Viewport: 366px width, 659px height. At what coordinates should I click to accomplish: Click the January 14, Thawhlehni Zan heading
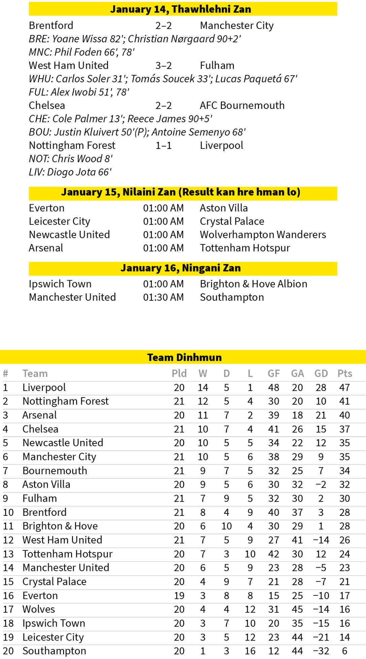coord(180,9)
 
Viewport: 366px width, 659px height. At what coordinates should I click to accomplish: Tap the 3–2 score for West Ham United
coord(163,66)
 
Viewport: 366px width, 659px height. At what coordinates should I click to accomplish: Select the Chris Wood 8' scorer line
coord(71,159)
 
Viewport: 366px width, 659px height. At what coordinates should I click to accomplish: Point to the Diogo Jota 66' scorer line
coord(70,172)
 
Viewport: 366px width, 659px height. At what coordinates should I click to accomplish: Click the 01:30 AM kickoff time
coord(163,297)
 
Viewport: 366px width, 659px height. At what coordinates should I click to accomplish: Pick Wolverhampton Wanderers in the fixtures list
coord(263,235)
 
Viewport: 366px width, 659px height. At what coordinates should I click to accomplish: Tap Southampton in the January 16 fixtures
coord(232,297)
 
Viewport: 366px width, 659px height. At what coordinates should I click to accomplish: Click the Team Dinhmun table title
coord(184,357)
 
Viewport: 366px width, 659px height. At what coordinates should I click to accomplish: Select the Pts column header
coord(344,374)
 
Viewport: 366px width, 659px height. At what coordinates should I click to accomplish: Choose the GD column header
coord(321,374)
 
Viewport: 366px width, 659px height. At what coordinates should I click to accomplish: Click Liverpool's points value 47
coord(344,388)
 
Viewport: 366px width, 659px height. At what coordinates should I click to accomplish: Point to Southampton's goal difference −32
coord(321,651)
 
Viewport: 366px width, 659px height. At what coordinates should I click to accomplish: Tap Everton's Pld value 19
coord(179,595)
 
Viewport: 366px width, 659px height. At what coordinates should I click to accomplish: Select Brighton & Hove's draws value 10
coord(227,526)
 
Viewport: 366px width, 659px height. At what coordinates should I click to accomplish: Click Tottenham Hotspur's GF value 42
coord(273,554)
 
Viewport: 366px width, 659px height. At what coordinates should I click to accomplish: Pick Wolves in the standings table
coord(39,609)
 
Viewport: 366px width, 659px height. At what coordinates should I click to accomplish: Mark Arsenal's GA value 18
coord(297,415)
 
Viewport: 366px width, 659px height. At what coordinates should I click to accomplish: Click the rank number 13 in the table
coord(8,554)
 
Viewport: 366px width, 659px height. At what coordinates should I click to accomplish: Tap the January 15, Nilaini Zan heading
coord(180,192)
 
